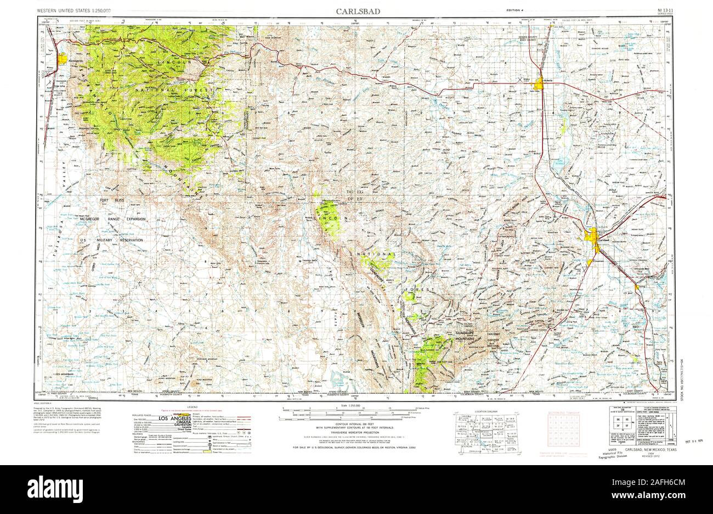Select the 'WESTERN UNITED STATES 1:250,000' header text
[73, 11]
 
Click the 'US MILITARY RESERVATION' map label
[111, 241]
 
